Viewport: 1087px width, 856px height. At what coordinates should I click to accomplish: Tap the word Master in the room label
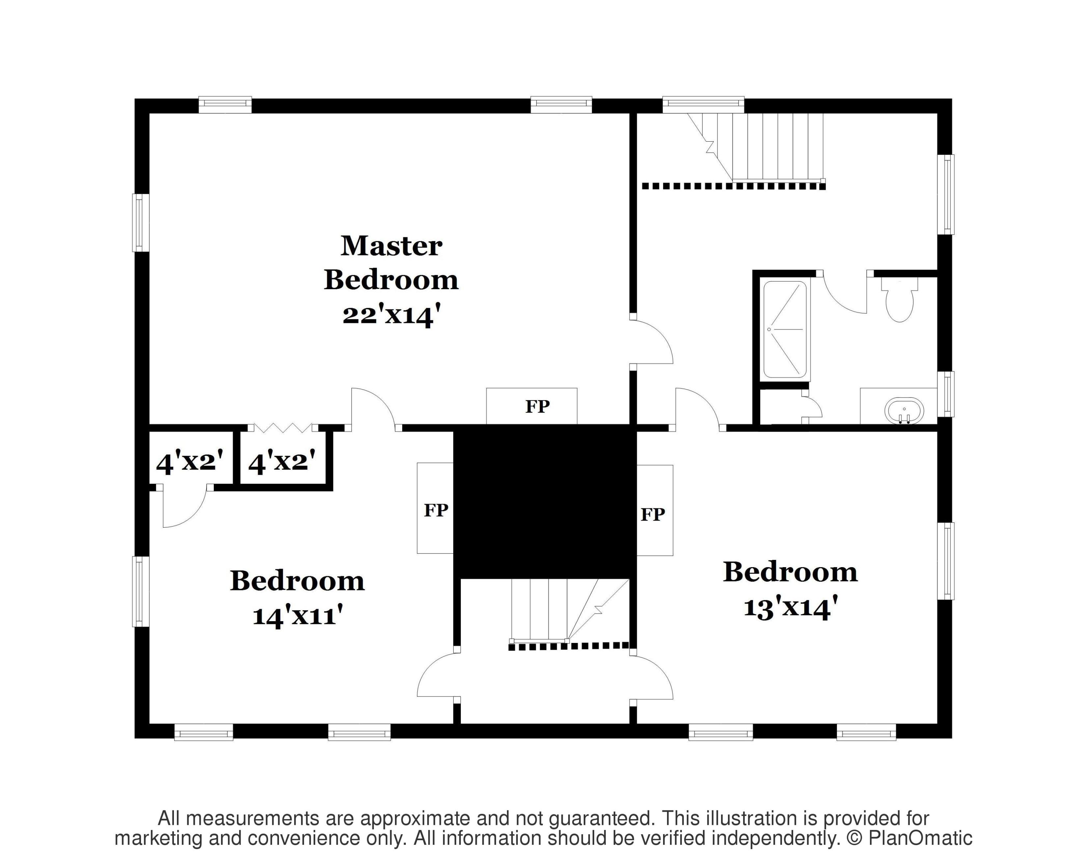(x=391, y=246)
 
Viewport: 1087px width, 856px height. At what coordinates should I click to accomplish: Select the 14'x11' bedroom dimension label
(x=298, y=615)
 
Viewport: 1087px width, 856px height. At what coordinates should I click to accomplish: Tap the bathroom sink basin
(x=905, y=411)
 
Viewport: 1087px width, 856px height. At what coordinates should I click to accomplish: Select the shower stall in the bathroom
(x=785, y=329)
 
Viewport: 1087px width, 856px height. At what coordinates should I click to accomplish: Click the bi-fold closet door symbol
(x=283, y=428)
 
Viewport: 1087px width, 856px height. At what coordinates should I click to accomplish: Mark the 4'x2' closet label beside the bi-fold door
(x=282, y=462)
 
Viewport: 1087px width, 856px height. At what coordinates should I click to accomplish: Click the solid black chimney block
(x=545, y=501)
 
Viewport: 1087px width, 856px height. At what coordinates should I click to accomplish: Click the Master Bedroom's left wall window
(x=141, y=223)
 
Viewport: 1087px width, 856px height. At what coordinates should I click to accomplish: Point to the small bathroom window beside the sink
(x=946, y=394)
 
